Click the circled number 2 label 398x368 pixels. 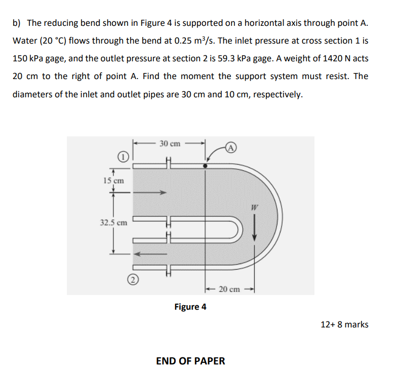pyautogui.click(x=131, y=279)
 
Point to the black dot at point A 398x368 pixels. pyautogui.click(x=205, y=166)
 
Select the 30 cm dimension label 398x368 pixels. pyautogui.click(x=170, y=143)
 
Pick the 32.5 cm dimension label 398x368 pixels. pyautogui.click(x=113, y=223)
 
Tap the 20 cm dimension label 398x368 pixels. pyautogui.click(x=229, y=289)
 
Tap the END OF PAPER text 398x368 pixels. pyautogui.click(x=190, y=361)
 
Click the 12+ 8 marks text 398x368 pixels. pyautogui.click(x=344, y=324)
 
